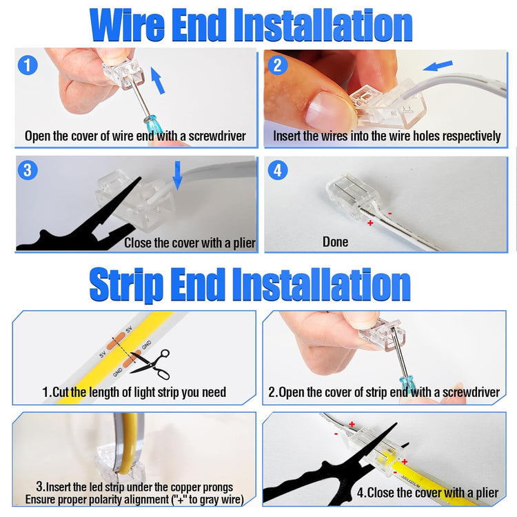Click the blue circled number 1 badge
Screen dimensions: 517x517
pos(28,65)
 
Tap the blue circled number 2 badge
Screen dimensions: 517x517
pos(278,65)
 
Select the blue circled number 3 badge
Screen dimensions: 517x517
pos(28,170)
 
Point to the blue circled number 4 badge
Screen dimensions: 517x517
pos(278,170)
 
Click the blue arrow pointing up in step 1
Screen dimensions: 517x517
pos(158,81)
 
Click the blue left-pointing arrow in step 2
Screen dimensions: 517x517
pos(438,65)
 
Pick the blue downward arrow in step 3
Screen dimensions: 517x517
pos(178,176)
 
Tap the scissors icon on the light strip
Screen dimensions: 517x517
pos(151,365)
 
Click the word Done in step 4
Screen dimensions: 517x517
pos(335,242)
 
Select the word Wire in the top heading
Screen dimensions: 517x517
pos(127,26)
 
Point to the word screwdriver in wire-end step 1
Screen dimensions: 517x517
pos(217,136)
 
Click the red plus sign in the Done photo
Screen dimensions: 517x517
pos(370,223)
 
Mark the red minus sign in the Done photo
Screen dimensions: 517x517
pos(390,214)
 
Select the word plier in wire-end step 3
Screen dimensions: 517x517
pos(244,243)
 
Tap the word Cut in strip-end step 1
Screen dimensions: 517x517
pos(61,392)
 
